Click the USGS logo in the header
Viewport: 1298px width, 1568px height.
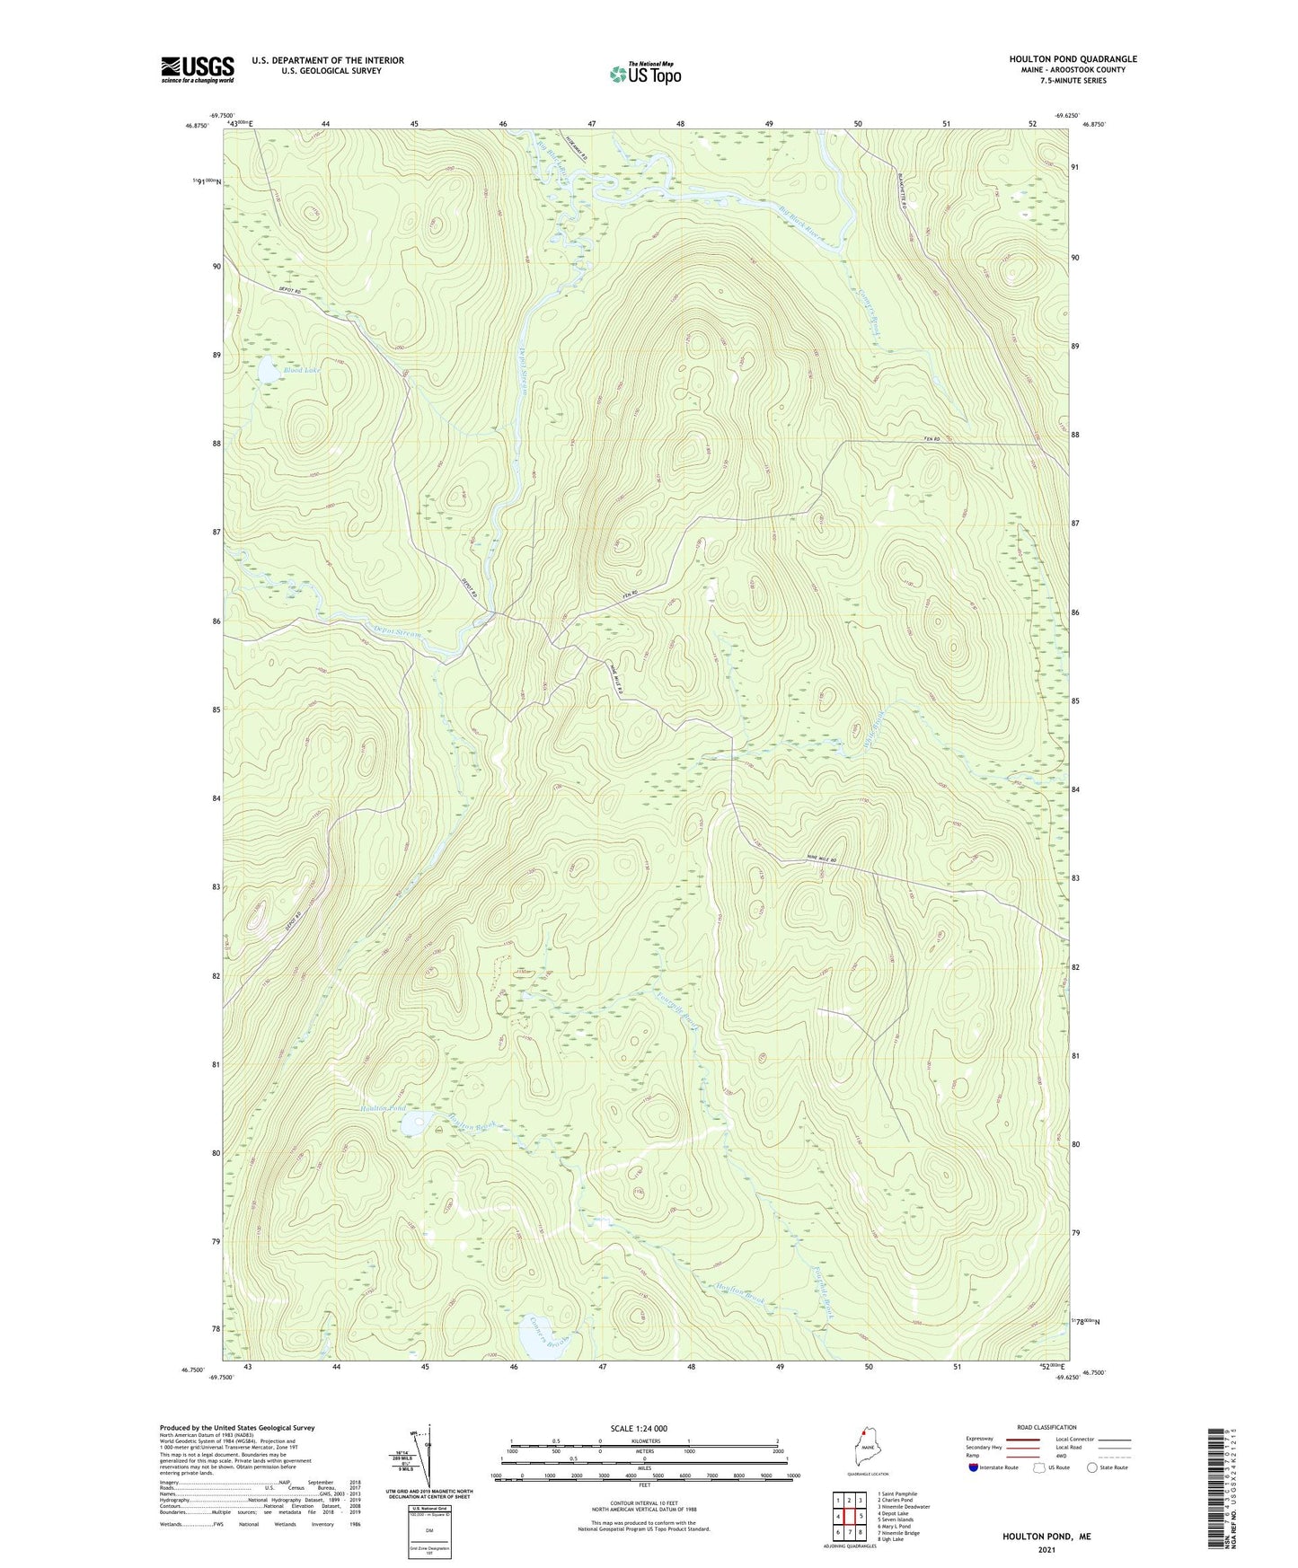198,69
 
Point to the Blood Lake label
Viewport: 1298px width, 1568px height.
301,370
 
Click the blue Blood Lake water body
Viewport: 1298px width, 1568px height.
268,367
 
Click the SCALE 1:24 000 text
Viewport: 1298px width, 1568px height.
645,1428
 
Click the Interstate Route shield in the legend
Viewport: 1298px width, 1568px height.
974,1468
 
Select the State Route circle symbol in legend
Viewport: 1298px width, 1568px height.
1091,1468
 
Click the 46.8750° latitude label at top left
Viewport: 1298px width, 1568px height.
197,127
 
